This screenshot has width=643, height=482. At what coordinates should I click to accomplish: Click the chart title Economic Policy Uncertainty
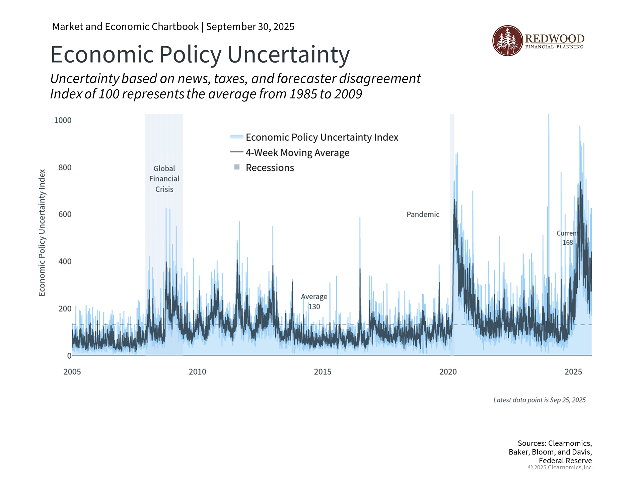[x=200, y=55]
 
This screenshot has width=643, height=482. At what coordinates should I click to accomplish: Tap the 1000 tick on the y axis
[x=63, y=120]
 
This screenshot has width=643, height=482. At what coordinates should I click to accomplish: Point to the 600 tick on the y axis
[x=65, y=214]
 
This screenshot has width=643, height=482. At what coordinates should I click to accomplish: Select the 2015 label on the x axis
[x=323, y=372]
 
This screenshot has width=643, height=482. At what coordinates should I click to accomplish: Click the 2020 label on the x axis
[x=448, y=372]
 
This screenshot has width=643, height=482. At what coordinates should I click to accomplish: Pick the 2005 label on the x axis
[x=72, y=372]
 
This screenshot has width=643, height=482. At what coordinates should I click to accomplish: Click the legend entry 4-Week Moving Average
[x=297, y=153]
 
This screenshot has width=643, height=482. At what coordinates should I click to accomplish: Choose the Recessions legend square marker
[x=237, y=167]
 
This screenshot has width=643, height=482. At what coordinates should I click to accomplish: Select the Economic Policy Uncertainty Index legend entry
[x=322, y=137]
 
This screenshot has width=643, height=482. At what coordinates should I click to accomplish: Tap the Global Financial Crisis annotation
[x=164, y=179]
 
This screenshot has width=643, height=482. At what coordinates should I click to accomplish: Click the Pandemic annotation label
[x=423, y=215]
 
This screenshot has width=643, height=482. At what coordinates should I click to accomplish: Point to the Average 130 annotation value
[x=314, y=307]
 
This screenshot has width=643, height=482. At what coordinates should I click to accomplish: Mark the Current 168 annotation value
[x=568, y=243]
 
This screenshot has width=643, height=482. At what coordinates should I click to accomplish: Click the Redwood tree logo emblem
[x=507, y=41]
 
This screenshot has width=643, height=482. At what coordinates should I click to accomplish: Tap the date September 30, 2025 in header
[x=250, y=27]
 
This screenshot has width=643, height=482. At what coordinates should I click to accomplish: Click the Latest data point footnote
[x=539, y=400]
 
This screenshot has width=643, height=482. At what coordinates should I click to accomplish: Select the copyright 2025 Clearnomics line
[x=560, y=467]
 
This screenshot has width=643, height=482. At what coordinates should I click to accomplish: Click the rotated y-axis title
[x=42, y=233]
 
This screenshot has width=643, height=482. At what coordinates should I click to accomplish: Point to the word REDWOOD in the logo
[x=555, y=38]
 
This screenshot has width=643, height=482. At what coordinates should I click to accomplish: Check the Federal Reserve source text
[x=565, y=461]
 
